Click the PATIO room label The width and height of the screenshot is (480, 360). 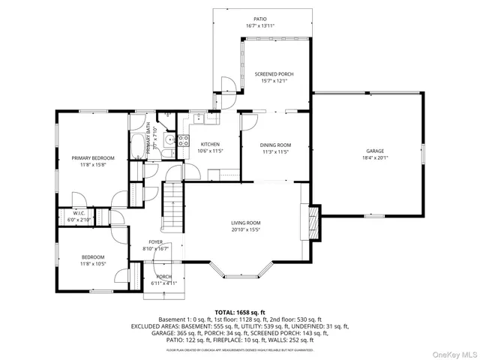[260, 19]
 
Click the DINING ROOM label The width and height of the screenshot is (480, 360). [275, 145]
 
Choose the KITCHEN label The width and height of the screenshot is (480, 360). [209, 144]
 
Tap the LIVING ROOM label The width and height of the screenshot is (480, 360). [245, 223]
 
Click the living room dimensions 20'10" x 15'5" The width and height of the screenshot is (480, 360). [245, 230]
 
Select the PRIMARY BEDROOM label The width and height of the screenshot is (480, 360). [93, 158]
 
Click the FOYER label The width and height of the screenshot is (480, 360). [156, 241]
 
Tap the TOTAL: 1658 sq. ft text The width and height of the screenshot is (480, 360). [240, 312]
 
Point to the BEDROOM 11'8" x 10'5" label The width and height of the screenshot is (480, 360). [93, 260]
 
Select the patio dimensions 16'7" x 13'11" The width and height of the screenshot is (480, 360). [260, 26]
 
